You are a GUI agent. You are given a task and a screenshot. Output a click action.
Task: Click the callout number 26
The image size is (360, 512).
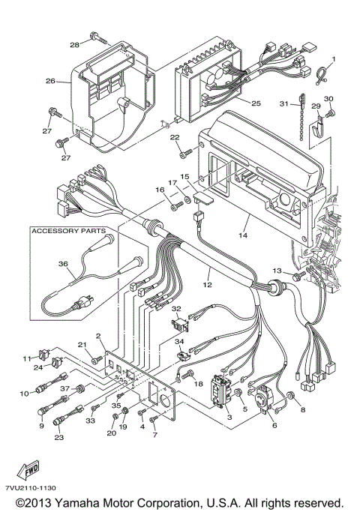pos(50,81)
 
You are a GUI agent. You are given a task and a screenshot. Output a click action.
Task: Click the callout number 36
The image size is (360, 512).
pos(62,263)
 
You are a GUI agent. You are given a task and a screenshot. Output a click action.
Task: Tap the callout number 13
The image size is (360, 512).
pos(277,270)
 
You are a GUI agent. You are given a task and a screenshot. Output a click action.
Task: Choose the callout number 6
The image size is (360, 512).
pos(274,424)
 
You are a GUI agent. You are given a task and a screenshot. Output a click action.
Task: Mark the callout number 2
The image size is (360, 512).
pos(97,336)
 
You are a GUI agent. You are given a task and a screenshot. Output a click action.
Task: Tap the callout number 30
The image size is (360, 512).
pos(328,99)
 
